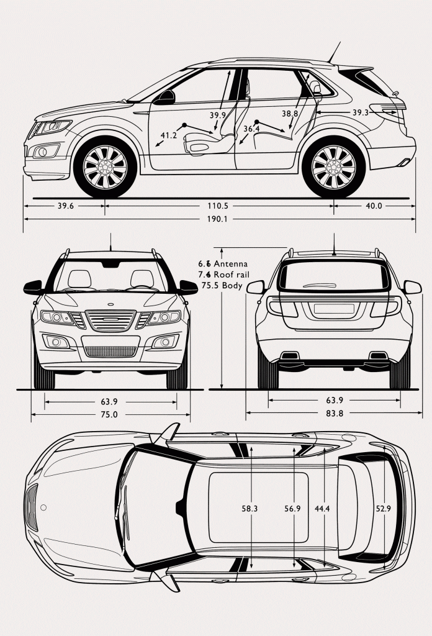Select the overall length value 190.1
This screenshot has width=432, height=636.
coord(217,219)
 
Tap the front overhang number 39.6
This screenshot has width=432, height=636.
coord(65,206)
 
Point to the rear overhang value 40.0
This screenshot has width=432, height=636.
coord(374,206)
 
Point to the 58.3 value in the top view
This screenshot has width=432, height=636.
coord(250,509)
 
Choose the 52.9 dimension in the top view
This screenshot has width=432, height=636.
coord(383,509)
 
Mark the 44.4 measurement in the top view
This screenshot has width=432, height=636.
coord(322,509)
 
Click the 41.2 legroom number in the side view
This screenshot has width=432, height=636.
coord(169,135)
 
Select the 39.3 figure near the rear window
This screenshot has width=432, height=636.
coord(360,112)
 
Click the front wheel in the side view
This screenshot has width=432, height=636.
coord(104,168)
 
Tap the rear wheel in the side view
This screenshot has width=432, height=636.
coord(333,168)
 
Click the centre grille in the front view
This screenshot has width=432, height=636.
coord(111,320)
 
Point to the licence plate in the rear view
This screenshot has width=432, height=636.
coord(333,309)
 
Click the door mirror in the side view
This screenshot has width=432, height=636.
coord(166,98)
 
